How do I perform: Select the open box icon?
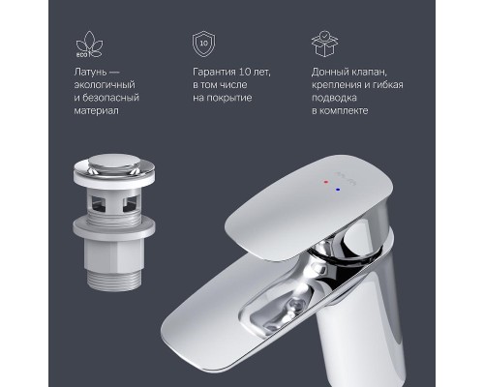323,45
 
